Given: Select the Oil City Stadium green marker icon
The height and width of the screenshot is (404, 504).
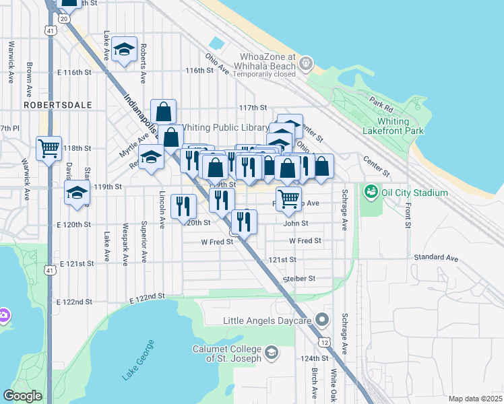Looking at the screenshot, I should [x=370, y=193].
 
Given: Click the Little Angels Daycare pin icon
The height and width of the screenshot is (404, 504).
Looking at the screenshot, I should [x=323, y=319].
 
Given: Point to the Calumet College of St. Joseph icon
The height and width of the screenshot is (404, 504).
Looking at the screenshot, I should [x=271, y=352].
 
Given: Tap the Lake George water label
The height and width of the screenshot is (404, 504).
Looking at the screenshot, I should [x=138, y=361].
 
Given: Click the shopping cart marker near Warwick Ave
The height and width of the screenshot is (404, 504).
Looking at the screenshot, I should [x=49, y=148].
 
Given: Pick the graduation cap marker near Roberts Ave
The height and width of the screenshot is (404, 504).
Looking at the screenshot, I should [x=124, y=49].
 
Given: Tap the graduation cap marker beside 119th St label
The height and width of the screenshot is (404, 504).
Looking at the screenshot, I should [x=77, y=193].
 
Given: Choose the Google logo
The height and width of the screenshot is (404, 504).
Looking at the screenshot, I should [x=22, y=396].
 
